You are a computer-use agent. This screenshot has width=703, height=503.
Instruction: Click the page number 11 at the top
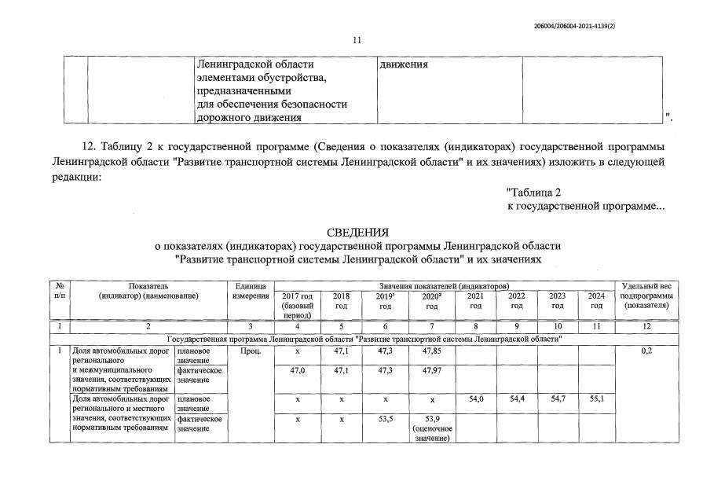[357, 40]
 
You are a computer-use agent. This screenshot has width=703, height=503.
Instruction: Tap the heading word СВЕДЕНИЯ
[357, 233]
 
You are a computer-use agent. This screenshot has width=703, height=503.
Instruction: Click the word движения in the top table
[404, 64]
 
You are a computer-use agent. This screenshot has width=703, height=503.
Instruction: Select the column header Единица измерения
[251, 290]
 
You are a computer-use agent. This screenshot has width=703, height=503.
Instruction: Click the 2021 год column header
[475, 300]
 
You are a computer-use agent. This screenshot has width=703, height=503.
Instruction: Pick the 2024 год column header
[596, 300]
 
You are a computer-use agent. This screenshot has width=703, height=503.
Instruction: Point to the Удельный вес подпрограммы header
[646, 295]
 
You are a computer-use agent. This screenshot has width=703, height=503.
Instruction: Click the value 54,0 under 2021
[475, 399]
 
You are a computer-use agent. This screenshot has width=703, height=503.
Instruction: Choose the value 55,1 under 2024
[596, 399]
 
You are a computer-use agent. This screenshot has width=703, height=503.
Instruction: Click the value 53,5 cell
[384, 419]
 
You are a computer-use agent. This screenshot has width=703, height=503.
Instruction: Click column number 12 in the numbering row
[646, 325]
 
